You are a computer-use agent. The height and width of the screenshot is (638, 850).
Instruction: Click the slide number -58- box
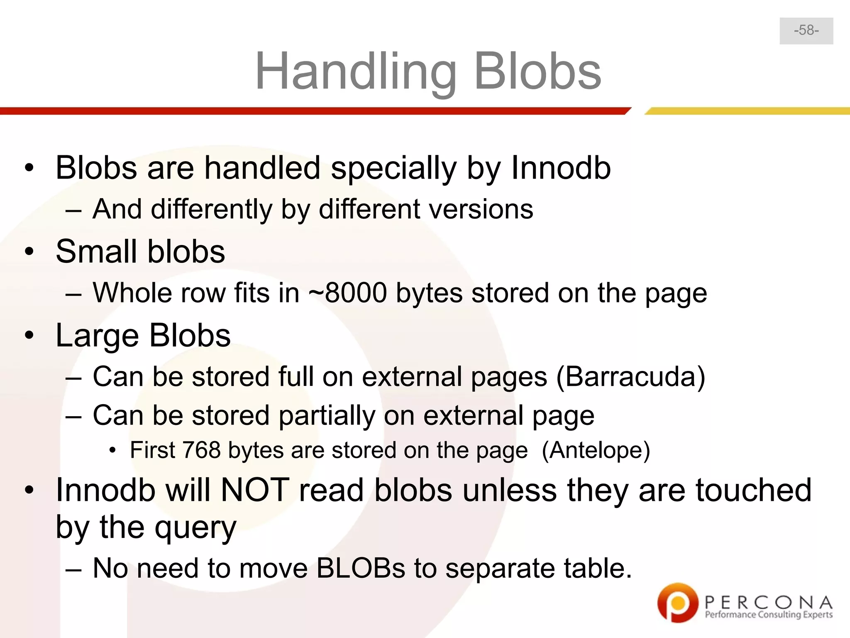tap(806, 31)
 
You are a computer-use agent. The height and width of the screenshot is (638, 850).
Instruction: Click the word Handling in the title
tap(356, 71)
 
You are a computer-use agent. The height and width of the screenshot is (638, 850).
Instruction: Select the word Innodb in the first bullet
tap(560, 168)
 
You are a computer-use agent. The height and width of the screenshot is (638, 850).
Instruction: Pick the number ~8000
tap(348, 293)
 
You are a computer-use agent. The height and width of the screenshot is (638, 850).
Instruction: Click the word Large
tap(97, 336)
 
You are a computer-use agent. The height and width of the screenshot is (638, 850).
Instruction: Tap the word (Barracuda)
tap(630, 377)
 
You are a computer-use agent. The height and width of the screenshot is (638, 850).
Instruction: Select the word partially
tap(327, 415)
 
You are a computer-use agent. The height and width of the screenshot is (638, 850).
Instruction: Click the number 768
tap(201, 450)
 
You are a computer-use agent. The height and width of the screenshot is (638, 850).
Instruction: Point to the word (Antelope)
tap(596, 450)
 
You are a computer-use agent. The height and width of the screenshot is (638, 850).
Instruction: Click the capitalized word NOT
tap(255, 490)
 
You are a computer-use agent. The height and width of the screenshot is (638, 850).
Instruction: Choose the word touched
tap(753, 490)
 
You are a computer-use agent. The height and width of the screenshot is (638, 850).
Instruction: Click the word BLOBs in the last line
tap(360, 568)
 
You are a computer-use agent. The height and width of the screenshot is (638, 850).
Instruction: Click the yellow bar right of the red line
tap(747, 111)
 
